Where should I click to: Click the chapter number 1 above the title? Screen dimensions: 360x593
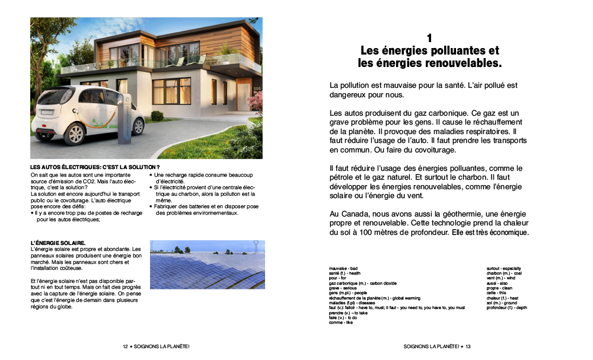point(429,38)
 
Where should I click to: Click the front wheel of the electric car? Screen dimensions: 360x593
point(135,126)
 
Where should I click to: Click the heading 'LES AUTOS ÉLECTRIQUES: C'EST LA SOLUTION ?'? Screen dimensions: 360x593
point(95,168)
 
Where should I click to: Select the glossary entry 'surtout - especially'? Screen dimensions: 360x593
point(503,269)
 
